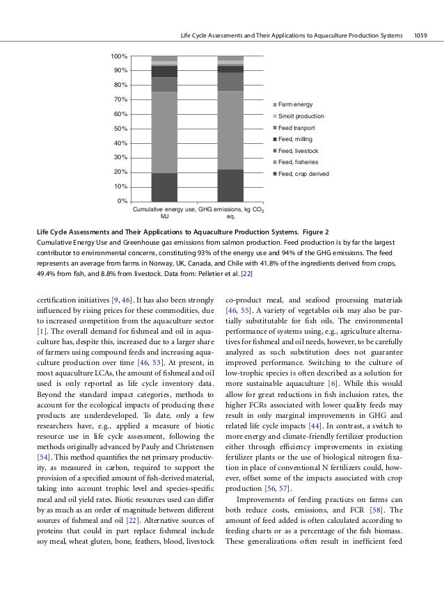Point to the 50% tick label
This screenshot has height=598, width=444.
[120, 129]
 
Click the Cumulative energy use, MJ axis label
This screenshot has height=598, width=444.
[164, 212]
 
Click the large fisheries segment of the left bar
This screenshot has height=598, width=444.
[164, 132]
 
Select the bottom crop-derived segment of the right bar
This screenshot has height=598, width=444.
[230, 185]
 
